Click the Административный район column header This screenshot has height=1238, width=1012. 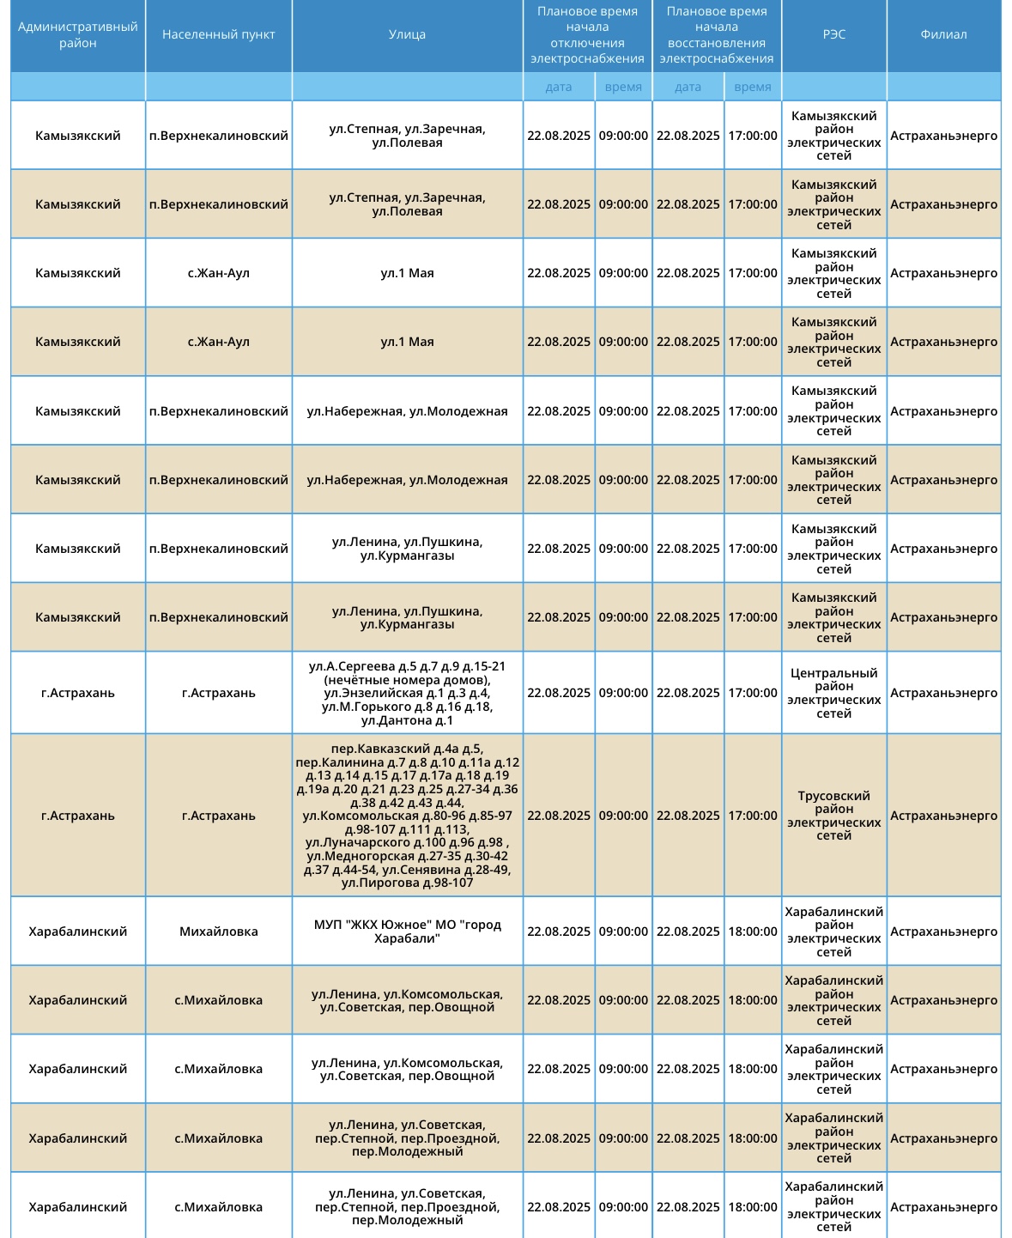coord(78,35)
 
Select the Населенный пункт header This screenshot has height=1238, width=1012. coord(219,35)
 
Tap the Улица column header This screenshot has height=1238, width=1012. coord(407,35)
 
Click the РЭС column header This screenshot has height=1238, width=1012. coord(833,35)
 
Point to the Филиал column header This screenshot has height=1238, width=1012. coord(943,35)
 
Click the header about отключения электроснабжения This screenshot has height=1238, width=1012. coord(587,35)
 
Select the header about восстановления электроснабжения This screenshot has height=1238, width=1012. coord(717,35)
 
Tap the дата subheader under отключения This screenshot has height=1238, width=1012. coord(559,87)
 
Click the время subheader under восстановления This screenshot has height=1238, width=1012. coord(753,87)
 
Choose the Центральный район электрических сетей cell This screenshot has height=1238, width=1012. coord(833,693)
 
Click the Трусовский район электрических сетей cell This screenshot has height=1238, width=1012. coord(833,816)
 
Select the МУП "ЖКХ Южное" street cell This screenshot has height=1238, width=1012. coord(407,932)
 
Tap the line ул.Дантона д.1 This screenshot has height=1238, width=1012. coord(407,720)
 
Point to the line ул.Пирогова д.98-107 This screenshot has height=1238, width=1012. coord(407,883)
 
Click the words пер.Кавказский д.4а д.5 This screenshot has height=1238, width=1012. coord(407,749)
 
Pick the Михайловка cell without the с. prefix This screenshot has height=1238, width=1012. coord(219,932)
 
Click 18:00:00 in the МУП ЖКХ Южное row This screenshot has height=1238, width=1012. coord(753,932)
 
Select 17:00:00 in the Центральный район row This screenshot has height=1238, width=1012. coord(753,693)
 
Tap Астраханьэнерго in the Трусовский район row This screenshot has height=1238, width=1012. coord(943,816)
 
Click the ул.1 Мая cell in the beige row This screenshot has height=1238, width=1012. coord(407,342)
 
